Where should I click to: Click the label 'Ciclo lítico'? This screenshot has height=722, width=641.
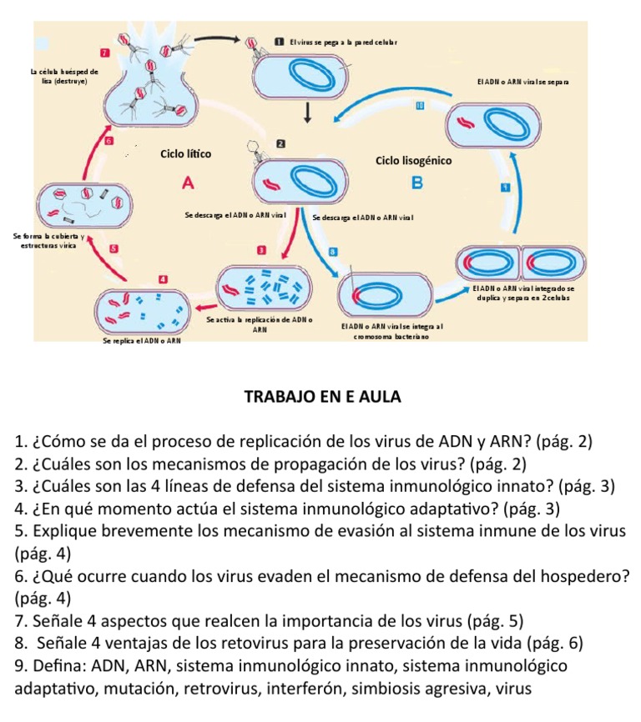click(x=185, y=154)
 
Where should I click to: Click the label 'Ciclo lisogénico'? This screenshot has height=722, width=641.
click(x=413, y=160)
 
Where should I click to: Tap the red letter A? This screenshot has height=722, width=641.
click(x=187, y=182)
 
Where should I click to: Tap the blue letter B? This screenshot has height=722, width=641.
click(x=418, y=183)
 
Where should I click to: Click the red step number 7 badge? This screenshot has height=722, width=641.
click(x=105, y=53)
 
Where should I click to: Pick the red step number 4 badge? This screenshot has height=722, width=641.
click(x=164, y=278)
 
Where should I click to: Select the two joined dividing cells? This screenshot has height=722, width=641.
click(x=521, y=264)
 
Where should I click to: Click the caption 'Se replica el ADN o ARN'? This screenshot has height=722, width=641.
click(x=141, y=341)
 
